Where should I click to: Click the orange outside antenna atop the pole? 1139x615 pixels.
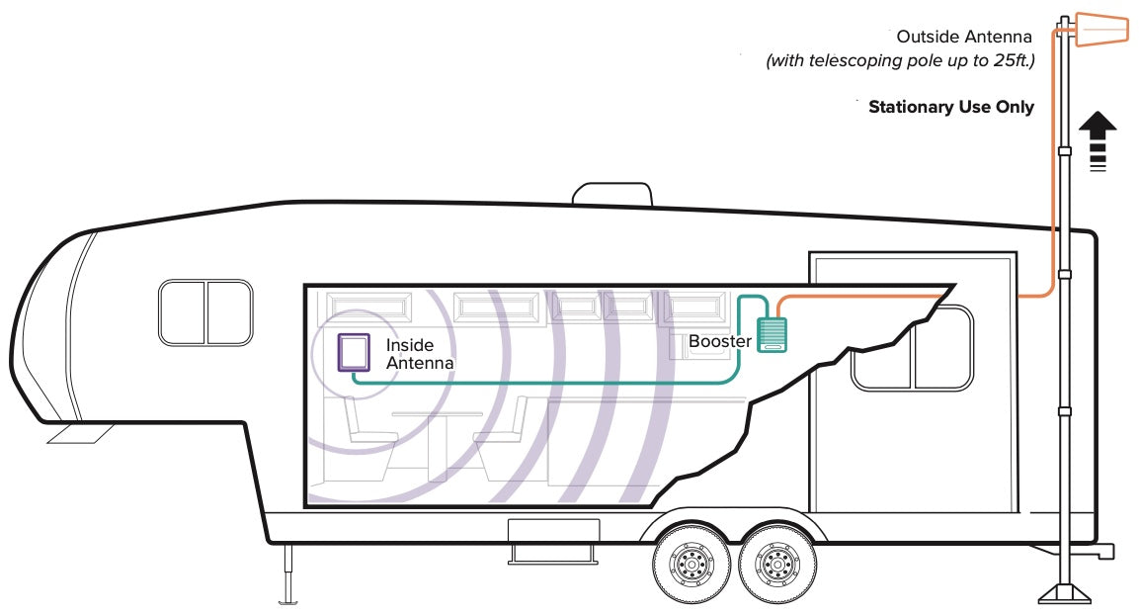pyautogui.click(x=1101, y=29)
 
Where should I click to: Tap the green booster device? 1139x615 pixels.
pyautogui.click(x=772, y=335)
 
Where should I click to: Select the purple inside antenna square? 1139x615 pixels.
pyautogui.click(x=354, y=352)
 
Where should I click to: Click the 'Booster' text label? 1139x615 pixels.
pyautogui.click(x=720, y=341)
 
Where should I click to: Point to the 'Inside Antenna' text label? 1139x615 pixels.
pyautogui.click(x=420, y=354)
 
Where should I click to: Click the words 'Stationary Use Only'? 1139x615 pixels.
pyautogui.click(x=951, y=107)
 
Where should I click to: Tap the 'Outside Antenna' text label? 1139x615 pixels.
pyautogui.click(x=964, y=37)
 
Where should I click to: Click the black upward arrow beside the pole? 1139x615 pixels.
pyautogui.click(x=1098, y=141)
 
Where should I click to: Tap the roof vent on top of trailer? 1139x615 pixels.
pyautogui.click(x=612, y=194)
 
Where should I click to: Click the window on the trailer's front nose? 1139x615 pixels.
pyautogui.click(x=205, y=312)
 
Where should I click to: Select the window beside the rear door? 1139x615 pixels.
pyautogui.click(x=912, y=348)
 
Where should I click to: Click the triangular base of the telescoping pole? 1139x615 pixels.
pyautogui.click(x=1064, y=592)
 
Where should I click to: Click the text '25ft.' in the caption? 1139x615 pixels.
pyautogui.click(x=1014, y=60)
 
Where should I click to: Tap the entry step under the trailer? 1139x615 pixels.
pyautogui.click(x=553, y=542)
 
